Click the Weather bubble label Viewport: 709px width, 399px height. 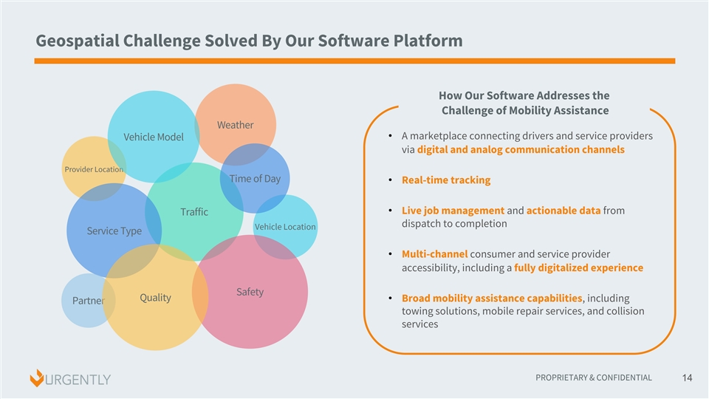235,125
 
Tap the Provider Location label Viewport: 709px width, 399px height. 93,170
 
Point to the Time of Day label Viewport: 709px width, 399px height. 255,179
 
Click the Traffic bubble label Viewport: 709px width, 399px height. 194,213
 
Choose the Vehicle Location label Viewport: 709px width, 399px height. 284,227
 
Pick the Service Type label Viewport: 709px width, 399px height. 114,231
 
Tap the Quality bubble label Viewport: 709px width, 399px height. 155,298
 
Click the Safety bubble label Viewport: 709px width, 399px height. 250,292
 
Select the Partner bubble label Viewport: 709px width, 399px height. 88,301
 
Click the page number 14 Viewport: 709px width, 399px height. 687,378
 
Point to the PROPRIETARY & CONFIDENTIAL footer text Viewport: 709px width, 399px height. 594,378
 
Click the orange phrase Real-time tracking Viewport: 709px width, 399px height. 446,180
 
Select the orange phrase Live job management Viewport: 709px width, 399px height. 453,211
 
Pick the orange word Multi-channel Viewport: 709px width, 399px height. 434,254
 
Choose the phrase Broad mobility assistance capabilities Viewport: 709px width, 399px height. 492,298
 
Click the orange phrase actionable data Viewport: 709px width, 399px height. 563,211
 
